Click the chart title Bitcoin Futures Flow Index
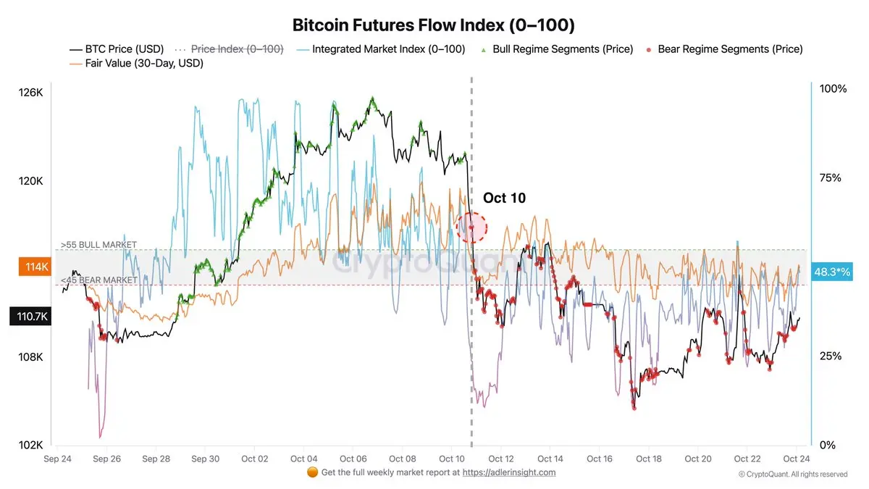click(x=433, y=25)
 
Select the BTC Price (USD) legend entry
click(x=117, y=49)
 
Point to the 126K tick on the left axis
click(x=31, y=93)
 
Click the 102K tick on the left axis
click(x=31, y=446)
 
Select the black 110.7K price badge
click(x=29, y=316)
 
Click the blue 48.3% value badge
click(x=832, y=271)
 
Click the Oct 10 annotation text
click(x=504, y=198)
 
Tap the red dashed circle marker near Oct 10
click(x=472, y=227)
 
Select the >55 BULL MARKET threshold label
click(x=98, y=245)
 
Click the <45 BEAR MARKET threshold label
click(x=98, y=280)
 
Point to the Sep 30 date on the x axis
click(x=206, y=459)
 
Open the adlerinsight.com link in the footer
click(x=508, y=472)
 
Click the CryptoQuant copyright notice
click(x=792, y=474)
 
